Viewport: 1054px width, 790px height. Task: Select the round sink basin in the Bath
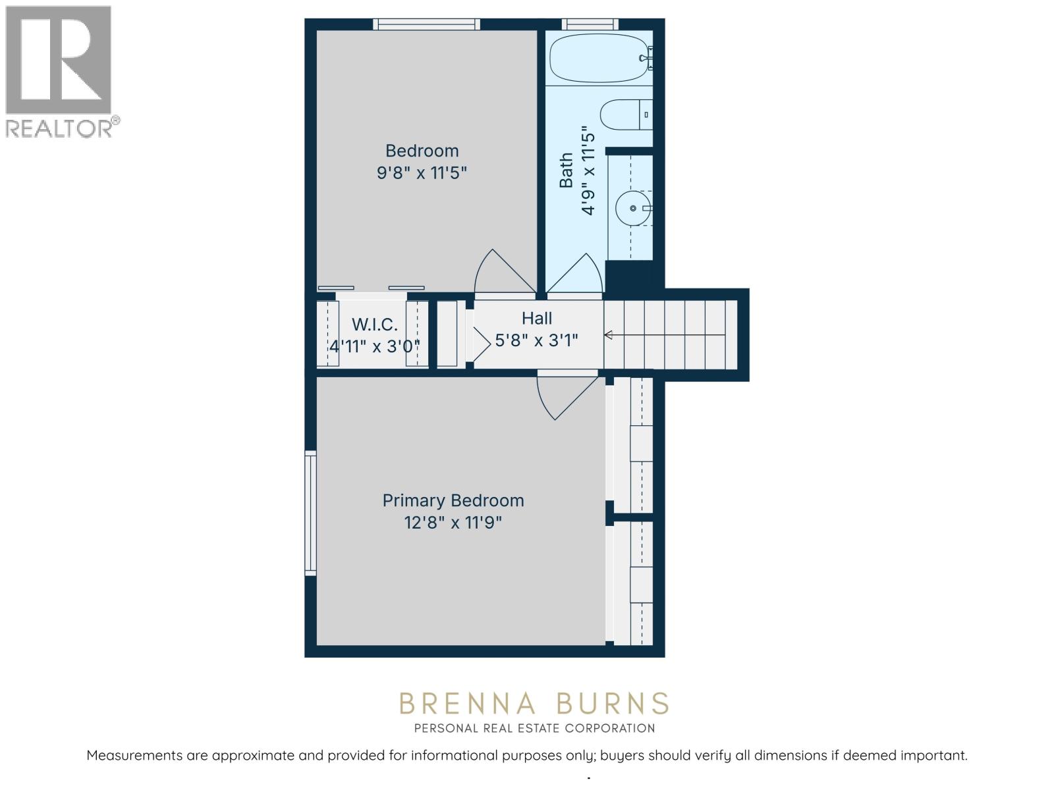coord(633,208)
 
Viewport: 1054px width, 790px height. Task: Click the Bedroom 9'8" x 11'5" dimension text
coord(422,173)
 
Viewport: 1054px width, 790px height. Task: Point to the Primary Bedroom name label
coord(453,500)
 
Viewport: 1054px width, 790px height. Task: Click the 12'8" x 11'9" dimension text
coord(453,523)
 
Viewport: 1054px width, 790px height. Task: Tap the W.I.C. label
coord(374,325)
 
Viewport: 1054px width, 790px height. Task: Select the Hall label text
coord(537,319)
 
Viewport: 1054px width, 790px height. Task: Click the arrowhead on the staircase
coord(608,336)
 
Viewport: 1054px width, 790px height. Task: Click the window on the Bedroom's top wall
coord(426,24)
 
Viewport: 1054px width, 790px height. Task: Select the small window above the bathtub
coord(590,24)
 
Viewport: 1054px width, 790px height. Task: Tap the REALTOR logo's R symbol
coord(58,61)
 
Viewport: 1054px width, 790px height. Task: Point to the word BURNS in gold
coord(613,704)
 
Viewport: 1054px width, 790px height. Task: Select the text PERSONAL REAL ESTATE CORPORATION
coord(534,728)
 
